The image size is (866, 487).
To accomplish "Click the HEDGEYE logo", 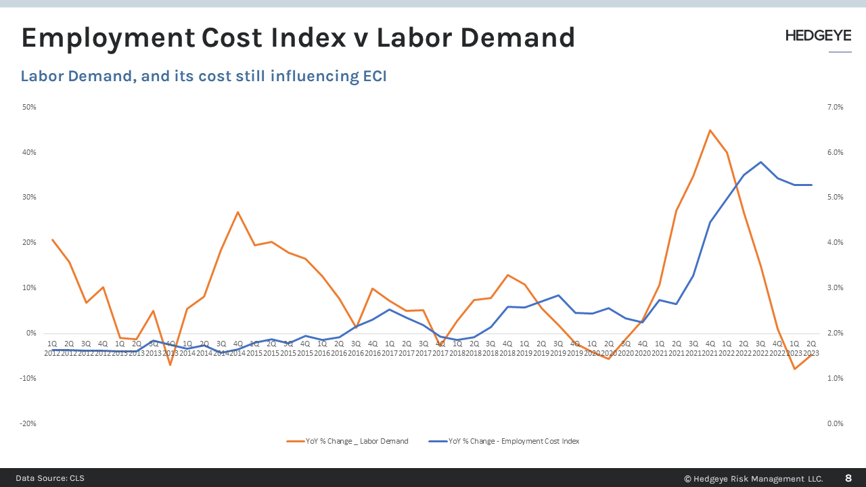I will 818,36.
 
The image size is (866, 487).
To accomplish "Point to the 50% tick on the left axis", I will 29,107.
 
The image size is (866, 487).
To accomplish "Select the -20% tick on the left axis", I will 28,423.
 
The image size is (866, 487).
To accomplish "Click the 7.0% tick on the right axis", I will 836,107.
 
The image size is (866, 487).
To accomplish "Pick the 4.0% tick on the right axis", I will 836,242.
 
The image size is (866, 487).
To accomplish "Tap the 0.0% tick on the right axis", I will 836,423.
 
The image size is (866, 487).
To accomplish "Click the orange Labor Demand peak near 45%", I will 710,130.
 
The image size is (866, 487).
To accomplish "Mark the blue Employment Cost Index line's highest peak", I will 760,162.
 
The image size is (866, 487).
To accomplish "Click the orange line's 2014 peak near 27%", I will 238,212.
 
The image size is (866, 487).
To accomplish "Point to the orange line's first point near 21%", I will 53,239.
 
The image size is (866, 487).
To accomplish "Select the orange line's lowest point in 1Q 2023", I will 794,369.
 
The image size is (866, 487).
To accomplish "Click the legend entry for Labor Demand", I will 348,441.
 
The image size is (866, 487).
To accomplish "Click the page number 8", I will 848,478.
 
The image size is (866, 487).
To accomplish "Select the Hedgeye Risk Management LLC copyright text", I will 754,478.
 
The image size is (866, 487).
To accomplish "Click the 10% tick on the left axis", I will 29,287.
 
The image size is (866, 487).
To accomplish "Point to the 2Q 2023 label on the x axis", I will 811,348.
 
